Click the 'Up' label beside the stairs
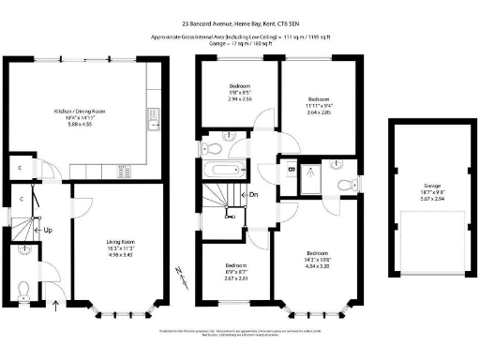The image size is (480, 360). pyautogui.click(x=46, y=230)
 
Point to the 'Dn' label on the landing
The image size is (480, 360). pyautogui.click(x=253, y=195)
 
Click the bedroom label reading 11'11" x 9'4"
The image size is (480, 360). pyautogui.click(x=320, y=104)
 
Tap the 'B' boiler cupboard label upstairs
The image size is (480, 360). pyautogui.click(x=292, y=169)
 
